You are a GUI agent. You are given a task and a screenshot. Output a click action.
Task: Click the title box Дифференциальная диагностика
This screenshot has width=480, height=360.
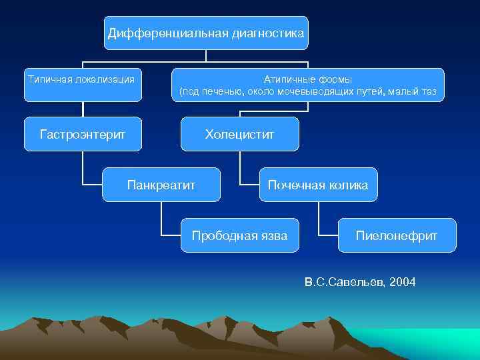point(206,33)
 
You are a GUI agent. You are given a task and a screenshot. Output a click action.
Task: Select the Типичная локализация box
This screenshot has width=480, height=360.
point(83,84)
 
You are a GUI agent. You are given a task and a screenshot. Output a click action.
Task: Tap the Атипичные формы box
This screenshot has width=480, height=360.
point(307,85)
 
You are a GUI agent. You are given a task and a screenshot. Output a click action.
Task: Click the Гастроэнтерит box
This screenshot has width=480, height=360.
point(83,134)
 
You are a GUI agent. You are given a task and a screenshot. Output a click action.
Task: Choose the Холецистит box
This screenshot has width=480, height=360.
point(240,134)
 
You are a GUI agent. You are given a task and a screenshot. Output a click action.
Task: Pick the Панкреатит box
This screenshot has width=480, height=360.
point(161,185)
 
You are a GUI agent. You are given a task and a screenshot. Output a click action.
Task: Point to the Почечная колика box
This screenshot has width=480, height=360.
point(318,185)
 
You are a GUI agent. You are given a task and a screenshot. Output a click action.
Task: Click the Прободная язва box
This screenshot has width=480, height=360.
point(240,235)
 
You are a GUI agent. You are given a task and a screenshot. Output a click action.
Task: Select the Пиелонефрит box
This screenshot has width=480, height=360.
point(397,235)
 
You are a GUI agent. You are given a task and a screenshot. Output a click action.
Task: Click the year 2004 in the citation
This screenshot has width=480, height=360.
point(403,283)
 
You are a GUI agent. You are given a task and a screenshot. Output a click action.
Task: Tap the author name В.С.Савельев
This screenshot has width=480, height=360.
point(344,283)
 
